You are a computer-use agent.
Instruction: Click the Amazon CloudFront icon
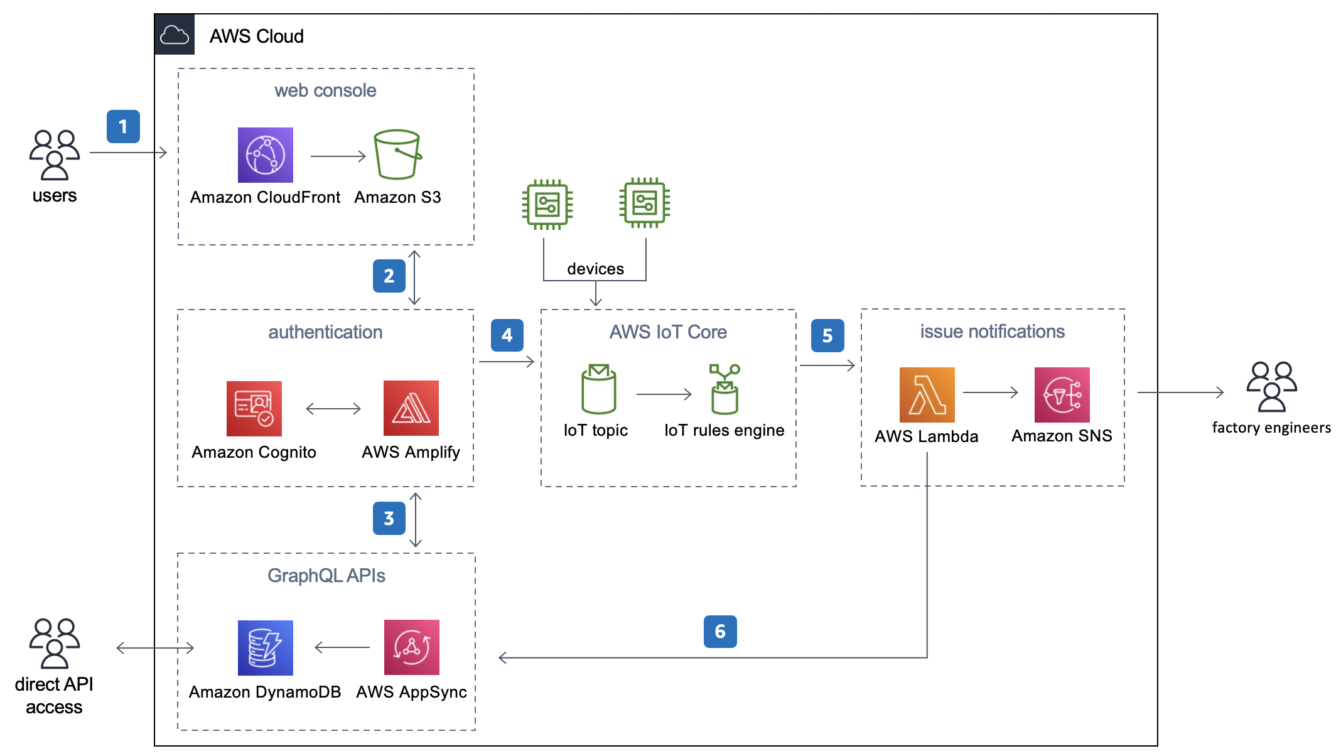[x=265, y=155]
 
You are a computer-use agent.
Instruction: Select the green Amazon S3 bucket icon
[x=397, y=155]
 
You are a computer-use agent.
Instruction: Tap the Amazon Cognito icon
[x=254, y=408]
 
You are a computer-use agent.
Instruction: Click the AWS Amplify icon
[x=411, y=408]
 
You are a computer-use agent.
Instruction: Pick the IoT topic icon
[x=598, y=389]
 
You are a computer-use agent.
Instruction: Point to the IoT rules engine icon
[x=724, y=389]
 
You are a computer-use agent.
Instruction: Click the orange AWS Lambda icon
[x=927, y=394]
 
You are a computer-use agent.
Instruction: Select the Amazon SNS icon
[x=1062, y=394]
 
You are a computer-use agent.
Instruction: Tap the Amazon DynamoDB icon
[x=265, y=647]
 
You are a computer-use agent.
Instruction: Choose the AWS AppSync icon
[x=411, y=647]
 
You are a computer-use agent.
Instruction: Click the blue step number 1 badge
[x=123, y=127]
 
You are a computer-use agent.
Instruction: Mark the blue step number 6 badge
[x=720, y=632]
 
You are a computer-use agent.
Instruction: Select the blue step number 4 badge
[x=507, y=335]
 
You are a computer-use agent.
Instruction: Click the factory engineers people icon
[x=1271, y=387]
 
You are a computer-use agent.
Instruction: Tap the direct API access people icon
[x=54, y=644]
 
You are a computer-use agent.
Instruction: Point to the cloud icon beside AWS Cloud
[x=175, y=35]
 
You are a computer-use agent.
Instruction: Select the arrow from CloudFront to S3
[x=338, y=156]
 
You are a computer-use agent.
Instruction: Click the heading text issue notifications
[x=992, y=332]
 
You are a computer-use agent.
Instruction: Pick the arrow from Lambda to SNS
[x=990, y=392]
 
